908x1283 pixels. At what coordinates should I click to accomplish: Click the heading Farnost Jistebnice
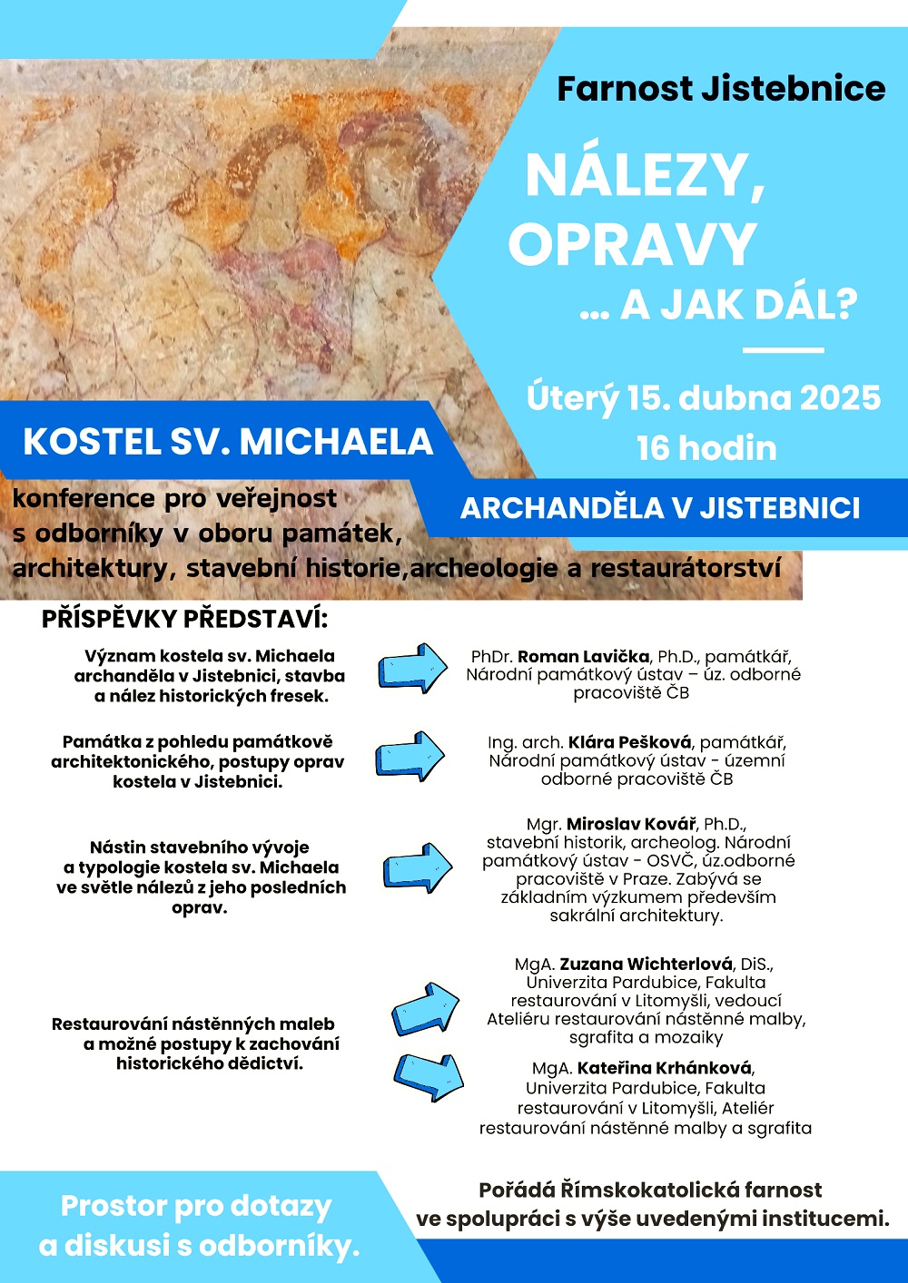tap(721, 89)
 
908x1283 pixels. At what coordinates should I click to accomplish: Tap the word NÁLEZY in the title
tap(645, 175)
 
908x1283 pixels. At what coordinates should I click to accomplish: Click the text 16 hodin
tap(706, 448)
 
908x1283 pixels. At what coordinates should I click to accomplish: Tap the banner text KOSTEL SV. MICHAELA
tap(228, 442)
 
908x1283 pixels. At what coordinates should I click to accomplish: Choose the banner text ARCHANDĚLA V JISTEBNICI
tap(660, 508)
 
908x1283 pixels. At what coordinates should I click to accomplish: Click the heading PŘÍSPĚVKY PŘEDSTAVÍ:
tap(184, 620)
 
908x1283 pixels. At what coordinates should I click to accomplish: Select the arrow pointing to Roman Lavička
tap(412, 669)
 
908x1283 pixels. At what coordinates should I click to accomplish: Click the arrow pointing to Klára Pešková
tap(410, 756)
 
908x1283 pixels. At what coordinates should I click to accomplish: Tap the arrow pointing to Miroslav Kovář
tap(417, 867)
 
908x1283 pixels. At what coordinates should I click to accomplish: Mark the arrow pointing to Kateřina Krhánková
tap(429, 1076)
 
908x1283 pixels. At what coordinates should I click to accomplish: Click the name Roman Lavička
tap(584, 656)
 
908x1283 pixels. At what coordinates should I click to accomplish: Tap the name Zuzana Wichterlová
tap(646, 964)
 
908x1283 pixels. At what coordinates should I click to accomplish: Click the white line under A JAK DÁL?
tap(783, 349)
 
